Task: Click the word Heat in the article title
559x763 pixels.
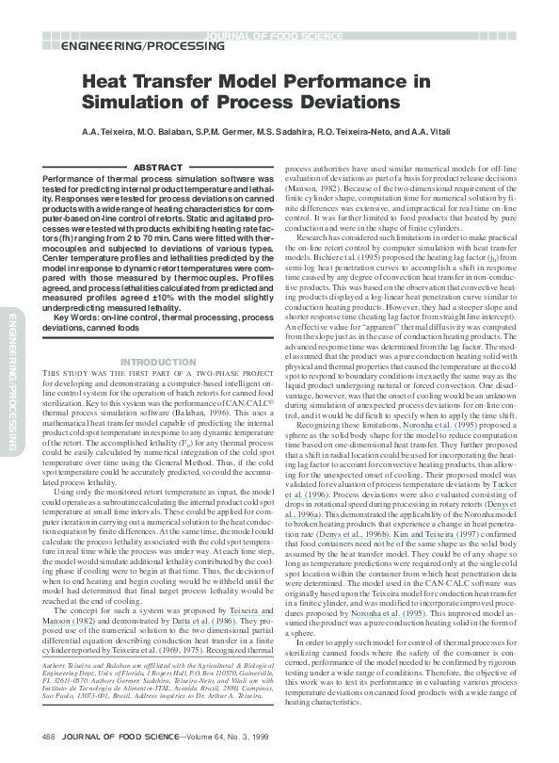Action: [105, 83]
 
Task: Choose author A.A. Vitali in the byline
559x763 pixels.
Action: [453, 131]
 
